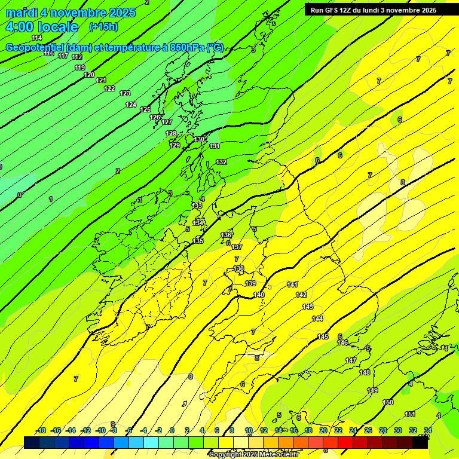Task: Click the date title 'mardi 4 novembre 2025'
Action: [71, 13]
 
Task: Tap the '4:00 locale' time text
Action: [42, 27]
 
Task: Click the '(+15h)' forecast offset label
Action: [103, 27]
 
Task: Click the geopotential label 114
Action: [37, 38]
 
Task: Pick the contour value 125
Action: [146, 109]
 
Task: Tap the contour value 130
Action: [200, 139]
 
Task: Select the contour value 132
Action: [222, 162]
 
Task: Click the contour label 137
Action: [237, 247]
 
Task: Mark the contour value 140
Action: [259, 295]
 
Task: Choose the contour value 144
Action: [317, 319]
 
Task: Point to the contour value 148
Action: [365, 372]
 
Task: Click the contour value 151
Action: [410, 414]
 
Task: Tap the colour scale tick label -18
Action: [41, 431]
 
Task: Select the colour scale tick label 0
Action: [172, 431]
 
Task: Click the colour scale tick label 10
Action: [249, 431]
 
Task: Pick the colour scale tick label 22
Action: [338, 431]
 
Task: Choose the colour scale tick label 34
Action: [428, 431]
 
